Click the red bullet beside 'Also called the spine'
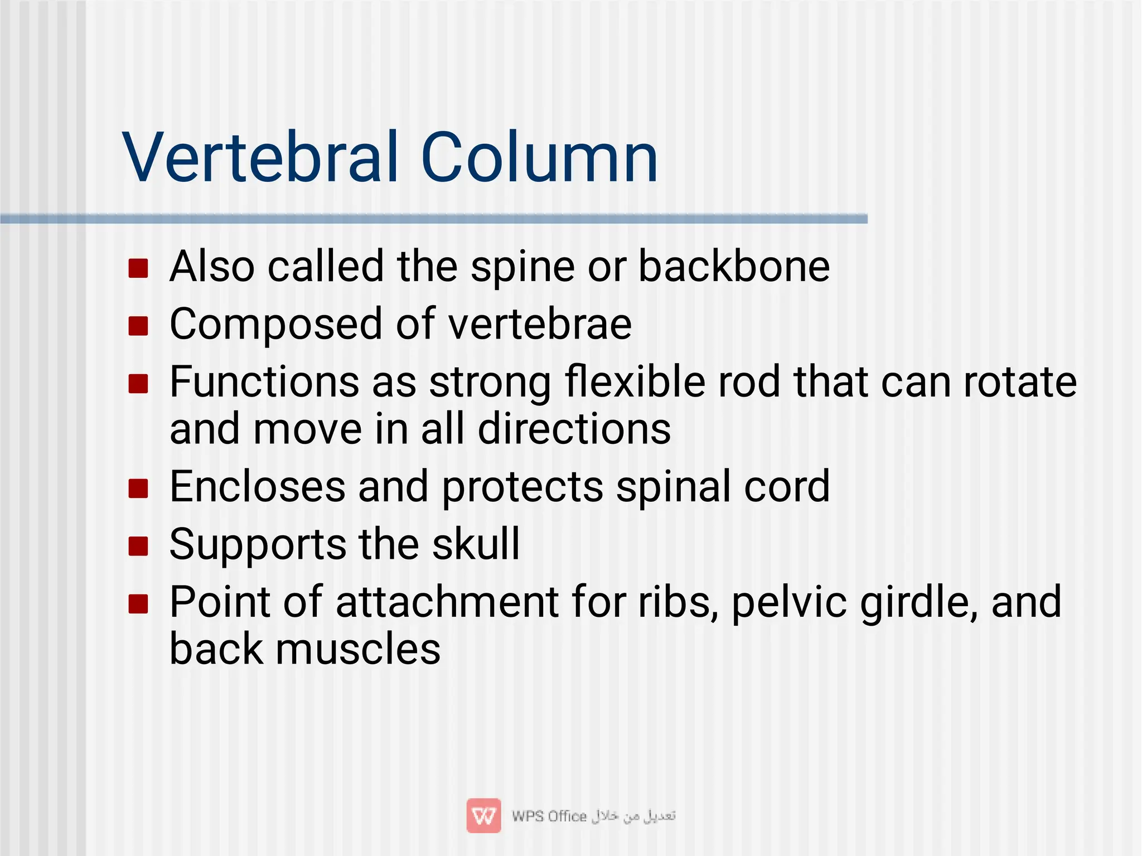point(138,268)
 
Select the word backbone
point(734,266)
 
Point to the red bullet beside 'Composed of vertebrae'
point(138,326)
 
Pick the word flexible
point(635,383)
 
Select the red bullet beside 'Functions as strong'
point(138,384)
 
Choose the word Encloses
point(257,487)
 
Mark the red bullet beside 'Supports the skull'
point(138,547)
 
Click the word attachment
point(447,602)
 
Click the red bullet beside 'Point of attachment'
point(138,604)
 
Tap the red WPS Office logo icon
point(483,816)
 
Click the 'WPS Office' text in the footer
point(549,816)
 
